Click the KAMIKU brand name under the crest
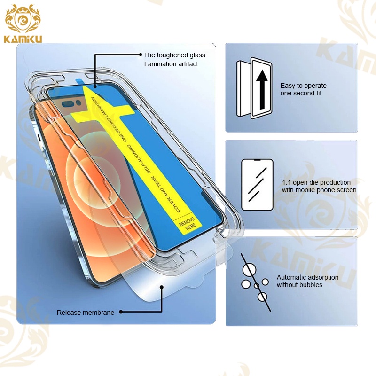23,39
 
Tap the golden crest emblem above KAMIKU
23,19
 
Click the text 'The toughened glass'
174,55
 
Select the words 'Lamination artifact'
171,64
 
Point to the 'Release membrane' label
86,313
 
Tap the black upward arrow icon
262,89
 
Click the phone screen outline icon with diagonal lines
257,185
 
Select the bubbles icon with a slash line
255,282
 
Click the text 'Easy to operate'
303,86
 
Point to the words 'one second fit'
301,93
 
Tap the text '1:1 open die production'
316,182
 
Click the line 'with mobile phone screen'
319,190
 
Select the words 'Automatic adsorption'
307,277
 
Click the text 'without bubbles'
299,285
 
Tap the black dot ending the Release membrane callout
121,312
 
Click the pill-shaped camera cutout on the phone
68,104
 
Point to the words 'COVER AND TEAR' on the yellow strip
166,195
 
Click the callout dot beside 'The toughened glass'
141,55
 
